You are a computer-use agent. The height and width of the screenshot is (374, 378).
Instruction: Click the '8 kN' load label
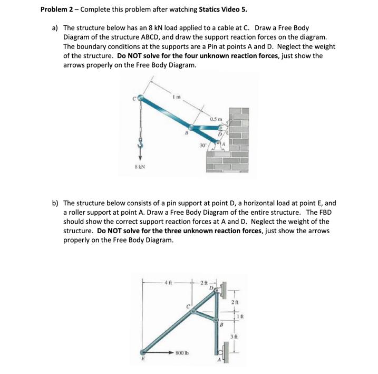point(140,167)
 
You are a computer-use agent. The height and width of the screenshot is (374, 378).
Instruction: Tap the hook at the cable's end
point(140,143)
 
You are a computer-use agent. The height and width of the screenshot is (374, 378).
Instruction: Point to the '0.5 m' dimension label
point(215,119)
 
